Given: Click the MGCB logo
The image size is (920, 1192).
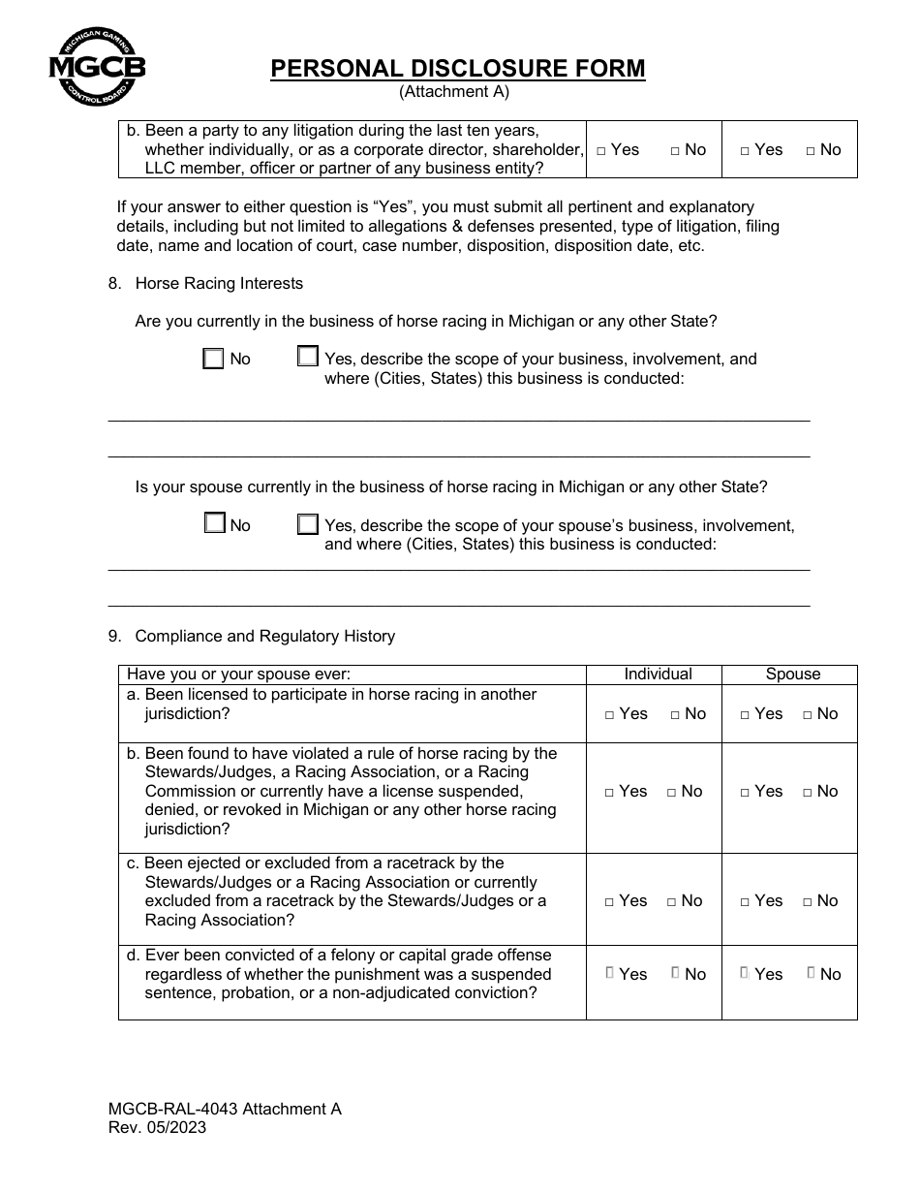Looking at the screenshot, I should (x=97, y=66).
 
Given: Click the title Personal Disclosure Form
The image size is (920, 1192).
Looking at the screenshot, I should (x=457, y=68).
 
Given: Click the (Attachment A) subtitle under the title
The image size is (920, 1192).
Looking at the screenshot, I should (x=454, y=92).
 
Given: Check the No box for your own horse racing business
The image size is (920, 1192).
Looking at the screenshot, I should (x=214, y=359).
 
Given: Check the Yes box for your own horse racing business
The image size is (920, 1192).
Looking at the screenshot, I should (x=308, y=358).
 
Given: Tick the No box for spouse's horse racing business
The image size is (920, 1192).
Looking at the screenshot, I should (x=215, y=524).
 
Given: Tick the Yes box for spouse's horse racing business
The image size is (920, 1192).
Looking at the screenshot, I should (x=308, y=524).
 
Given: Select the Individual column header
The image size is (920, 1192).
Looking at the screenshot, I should (x=658, y=674).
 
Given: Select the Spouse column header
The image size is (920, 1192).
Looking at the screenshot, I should (x=792, y=674).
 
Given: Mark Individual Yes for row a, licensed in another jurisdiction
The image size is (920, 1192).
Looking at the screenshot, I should (x=610, y=715).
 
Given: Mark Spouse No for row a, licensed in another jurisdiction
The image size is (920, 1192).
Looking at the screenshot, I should (x=808, y=715).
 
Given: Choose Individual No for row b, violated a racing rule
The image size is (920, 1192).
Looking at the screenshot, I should (x=672, y=793).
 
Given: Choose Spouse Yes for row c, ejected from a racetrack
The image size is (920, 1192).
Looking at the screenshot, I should (x=746, y=902).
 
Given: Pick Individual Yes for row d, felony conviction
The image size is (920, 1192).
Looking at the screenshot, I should (x=610, y=973).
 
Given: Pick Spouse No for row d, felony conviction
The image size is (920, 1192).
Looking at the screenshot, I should (x=811, y=973).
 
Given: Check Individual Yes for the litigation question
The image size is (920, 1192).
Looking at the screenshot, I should (x=602, y=151).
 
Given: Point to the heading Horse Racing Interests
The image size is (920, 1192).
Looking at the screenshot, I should (x=219, y=283).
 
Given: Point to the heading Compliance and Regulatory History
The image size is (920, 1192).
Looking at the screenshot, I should (x=264, y=636).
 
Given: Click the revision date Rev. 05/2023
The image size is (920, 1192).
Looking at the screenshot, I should (x=157, y=1128).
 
